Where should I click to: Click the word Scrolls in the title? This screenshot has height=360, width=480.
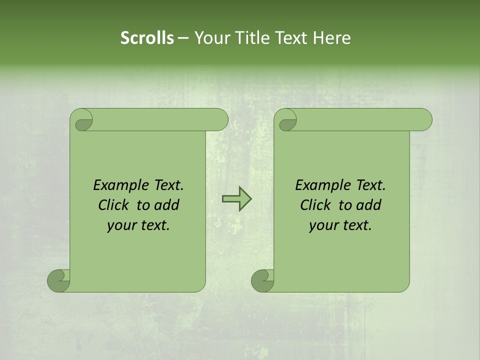pos(147,38)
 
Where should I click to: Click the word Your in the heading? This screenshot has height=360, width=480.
pos(211,38)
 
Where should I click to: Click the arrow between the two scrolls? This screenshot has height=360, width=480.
pos(236,199)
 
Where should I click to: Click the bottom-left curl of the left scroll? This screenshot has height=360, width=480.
pos(59,280)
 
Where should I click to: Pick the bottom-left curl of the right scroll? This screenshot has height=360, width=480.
pos(263,280)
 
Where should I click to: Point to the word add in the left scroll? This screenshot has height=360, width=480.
pos(166,205)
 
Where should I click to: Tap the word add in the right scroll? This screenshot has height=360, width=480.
pos(368,205)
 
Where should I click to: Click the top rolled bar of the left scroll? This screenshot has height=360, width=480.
pos(160,119)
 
